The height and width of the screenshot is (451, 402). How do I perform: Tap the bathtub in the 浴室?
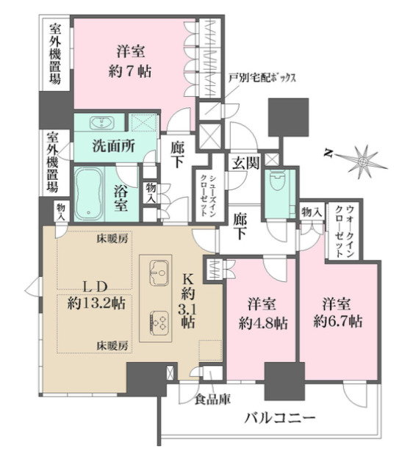point(93,192)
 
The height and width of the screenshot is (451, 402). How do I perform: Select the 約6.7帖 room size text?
point(337,311)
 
